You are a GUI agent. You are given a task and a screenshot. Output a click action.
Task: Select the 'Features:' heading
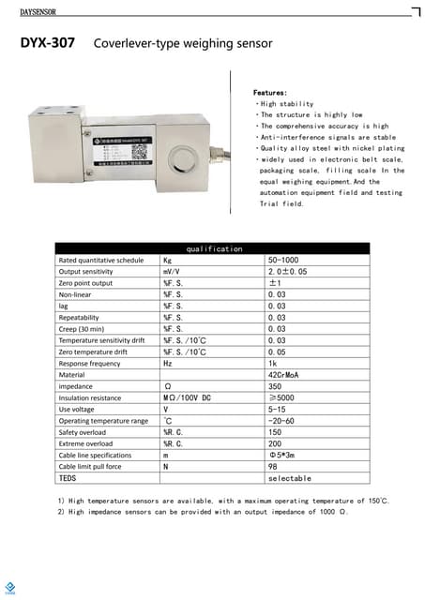click(271, 94)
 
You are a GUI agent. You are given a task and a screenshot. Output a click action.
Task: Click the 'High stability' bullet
click(287, 104)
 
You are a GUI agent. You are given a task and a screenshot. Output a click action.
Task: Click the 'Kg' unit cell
click(168, 260)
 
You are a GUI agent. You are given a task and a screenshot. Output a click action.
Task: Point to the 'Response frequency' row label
click(89, 363)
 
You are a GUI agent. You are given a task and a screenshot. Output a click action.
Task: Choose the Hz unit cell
click(167, 363)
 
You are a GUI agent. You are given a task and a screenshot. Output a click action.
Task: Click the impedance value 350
click(275, 385)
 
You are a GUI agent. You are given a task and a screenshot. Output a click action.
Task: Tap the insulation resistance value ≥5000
click(281, 397)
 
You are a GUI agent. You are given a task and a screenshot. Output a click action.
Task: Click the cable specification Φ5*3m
click(282, 455)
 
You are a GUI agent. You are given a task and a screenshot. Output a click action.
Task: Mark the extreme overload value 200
click(275, 442)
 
